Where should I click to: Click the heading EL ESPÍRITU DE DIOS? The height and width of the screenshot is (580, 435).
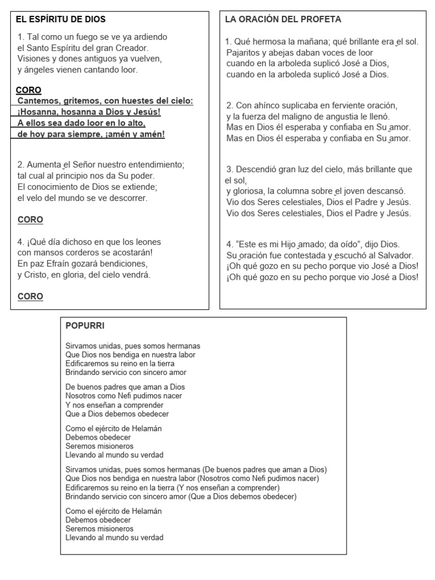(61, 19)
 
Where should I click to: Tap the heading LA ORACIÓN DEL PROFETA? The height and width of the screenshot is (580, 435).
(283, 19)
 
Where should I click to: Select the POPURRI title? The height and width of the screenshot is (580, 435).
(85, 326)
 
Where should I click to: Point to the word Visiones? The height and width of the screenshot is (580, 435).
(35, 59)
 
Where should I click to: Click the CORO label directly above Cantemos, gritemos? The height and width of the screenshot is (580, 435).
(28, 90)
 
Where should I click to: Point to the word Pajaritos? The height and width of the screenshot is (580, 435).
(244, 53)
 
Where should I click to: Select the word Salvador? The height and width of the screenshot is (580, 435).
(396, 255)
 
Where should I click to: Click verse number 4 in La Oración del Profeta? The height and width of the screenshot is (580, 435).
(229, 244)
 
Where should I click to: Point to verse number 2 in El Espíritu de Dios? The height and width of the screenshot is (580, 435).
(20, 165)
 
